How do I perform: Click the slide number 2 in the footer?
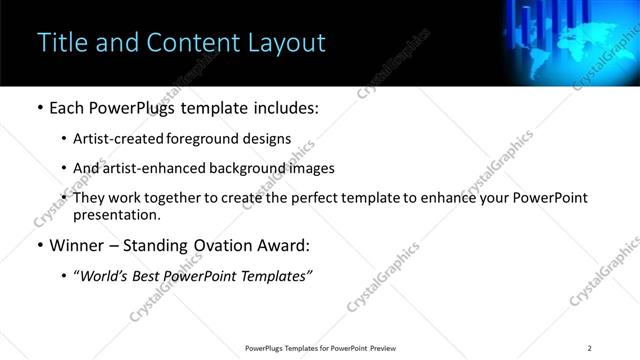tap(590, 348)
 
